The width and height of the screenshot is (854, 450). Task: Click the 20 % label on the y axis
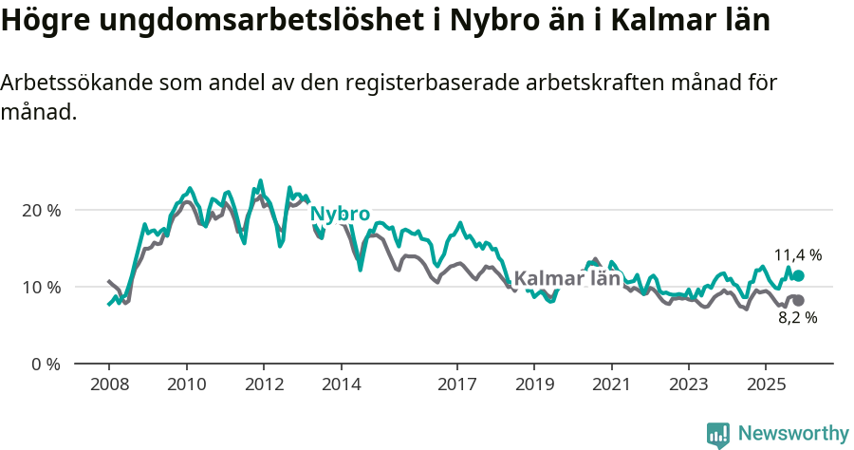click(x=42, y=210)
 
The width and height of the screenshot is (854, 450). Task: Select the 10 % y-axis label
click(x=42, y=287)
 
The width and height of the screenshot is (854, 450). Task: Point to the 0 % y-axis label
click(x=46, y=364)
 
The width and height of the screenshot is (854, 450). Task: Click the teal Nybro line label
click(x=340, y=214)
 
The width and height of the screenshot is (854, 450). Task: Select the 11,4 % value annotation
click(x=797, y=255)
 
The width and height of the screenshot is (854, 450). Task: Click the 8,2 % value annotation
click(x=797, y=318)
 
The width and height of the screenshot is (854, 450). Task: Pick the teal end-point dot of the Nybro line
click(x=798, y=275)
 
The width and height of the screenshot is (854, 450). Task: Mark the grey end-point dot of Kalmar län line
click(x=798, y=300)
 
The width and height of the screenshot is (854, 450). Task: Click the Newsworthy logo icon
click(x=718, y=434)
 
